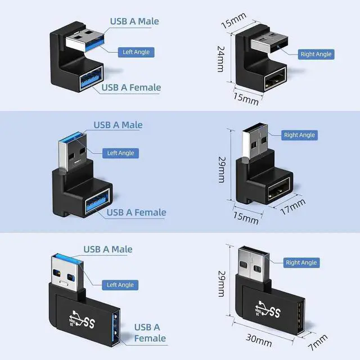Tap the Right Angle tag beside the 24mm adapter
316,54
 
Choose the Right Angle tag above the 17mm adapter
299,135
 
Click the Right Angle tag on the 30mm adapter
301,263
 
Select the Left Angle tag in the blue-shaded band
120,152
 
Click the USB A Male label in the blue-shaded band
118,125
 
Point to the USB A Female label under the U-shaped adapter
131,87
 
